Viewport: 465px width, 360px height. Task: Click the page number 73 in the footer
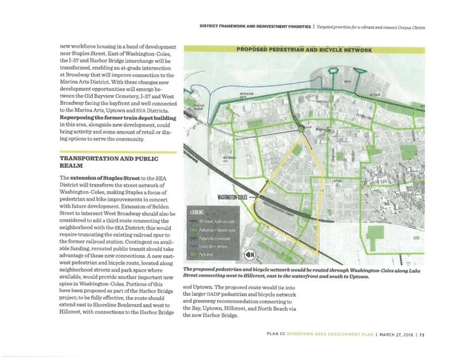(x=421, y=335)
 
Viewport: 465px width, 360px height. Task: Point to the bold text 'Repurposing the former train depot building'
(x=118, y=118)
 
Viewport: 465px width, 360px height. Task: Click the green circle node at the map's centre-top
(x=301, y=127)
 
